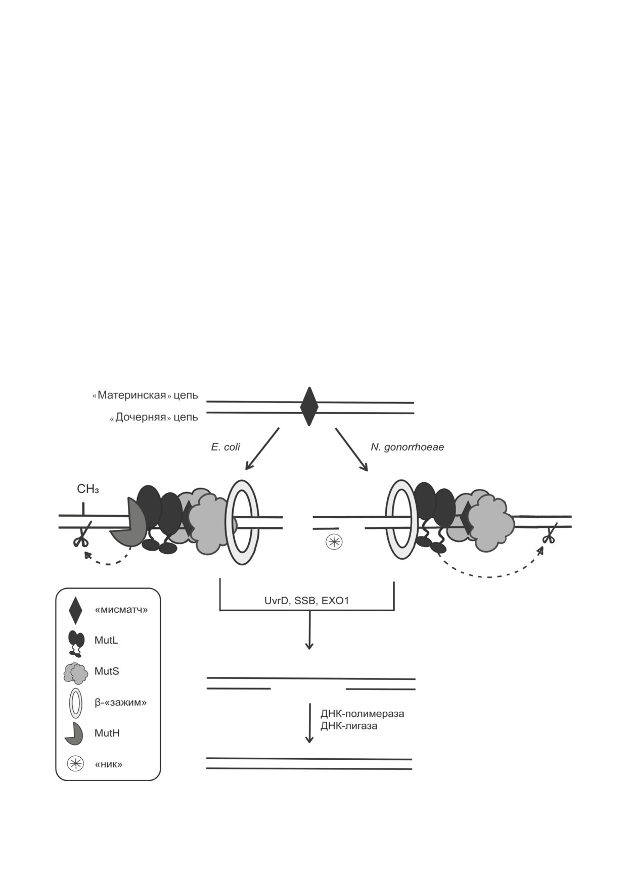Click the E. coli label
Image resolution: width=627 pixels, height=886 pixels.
point(226,447)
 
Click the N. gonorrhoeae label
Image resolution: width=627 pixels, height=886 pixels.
point(407,447)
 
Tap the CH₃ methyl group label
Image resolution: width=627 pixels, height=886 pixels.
point(87,489)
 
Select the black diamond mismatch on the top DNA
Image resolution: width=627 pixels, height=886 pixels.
point(309,407)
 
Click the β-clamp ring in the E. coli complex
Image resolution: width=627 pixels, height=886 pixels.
point(242,522)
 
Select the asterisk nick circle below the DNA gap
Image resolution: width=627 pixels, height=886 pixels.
point(334,542)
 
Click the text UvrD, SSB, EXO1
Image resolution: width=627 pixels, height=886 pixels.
point(306,601)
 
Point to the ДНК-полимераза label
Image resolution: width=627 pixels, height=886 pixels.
point(362,714)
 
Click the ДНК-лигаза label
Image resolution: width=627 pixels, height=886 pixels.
point(348,726)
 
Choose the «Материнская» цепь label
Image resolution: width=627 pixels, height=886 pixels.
point(145,395)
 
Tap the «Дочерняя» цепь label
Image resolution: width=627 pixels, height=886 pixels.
point(154,417)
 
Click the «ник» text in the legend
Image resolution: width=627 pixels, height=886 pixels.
point(109,764)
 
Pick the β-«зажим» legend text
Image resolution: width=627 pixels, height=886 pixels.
point(120,702)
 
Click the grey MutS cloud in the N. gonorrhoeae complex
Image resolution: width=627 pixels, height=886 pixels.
point(488,523)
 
